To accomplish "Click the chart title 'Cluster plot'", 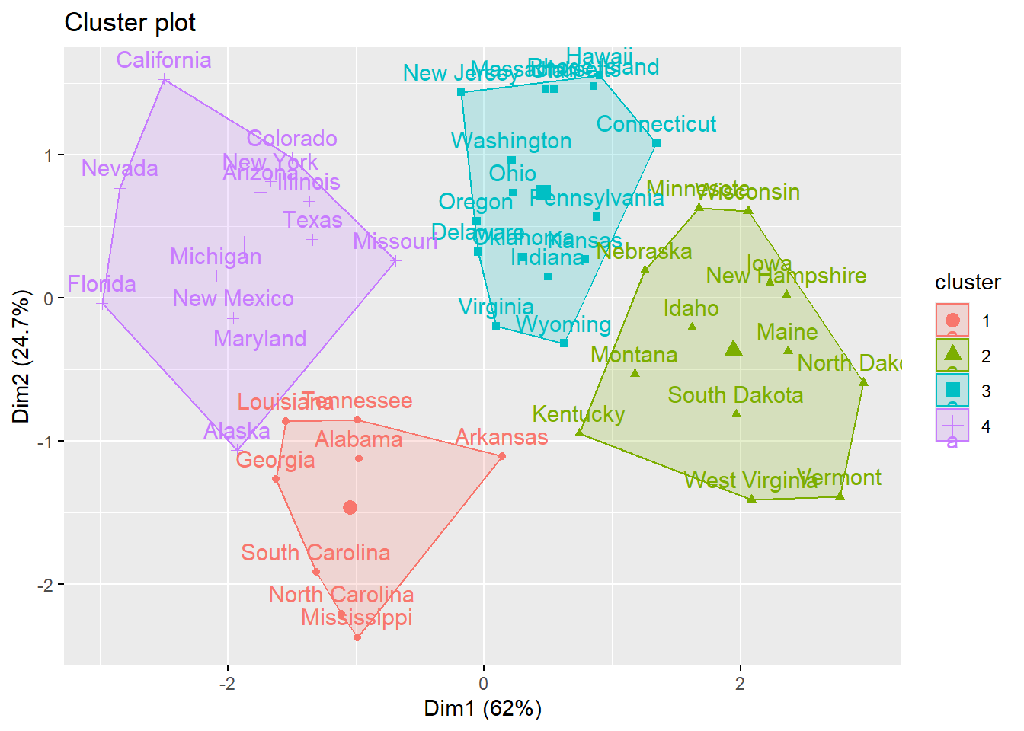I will (130, 23).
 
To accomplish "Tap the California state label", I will (164, 60).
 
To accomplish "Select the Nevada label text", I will (120, 168).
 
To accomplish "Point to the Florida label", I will (101, 284).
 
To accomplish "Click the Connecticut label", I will (656, 124).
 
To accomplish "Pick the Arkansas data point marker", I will (502, 456).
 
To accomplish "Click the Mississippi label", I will (357, 618).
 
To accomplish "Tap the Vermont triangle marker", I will (840, 496).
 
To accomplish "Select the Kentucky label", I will (578, 414).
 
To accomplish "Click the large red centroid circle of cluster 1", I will (350, 508).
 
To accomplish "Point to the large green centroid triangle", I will (734, 349).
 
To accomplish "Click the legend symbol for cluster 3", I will (952, 390).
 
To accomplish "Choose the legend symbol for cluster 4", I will (952, 425).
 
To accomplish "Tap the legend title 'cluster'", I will (968, 283).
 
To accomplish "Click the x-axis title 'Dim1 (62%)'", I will (482, 709).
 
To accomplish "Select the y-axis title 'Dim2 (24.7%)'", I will (21, 356).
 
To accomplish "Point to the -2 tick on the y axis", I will (46, 585).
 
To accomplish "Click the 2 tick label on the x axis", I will (739, 683).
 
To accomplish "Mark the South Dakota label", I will (735, 395).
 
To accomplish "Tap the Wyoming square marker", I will (564, 343).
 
